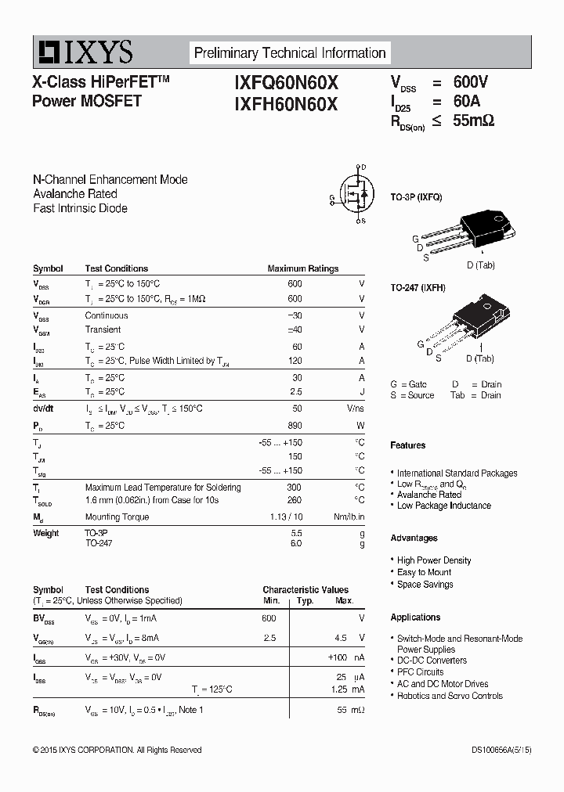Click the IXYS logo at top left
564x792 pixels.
[83, 52]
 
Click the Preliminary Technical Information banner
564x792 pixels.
[290, 53]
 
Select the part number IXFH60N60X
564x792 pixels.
[286, 103]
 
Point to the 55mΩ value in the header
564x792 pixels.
[473, 121]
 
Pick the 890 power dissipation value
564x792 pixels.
[295, 426]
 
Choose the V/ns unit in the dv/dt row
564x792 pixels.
[355, 409]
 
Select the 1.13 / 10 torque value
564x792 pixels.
[285, 517]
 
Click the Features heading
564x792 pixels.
[408, 445]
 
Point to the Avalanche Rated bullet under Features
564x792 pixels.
[428, 495]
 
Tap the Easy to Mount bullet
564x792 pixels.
[424, 572]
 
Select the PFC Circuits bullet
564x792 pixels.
[420, 671]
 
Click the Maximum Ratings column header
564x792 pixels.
[302, 268]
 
